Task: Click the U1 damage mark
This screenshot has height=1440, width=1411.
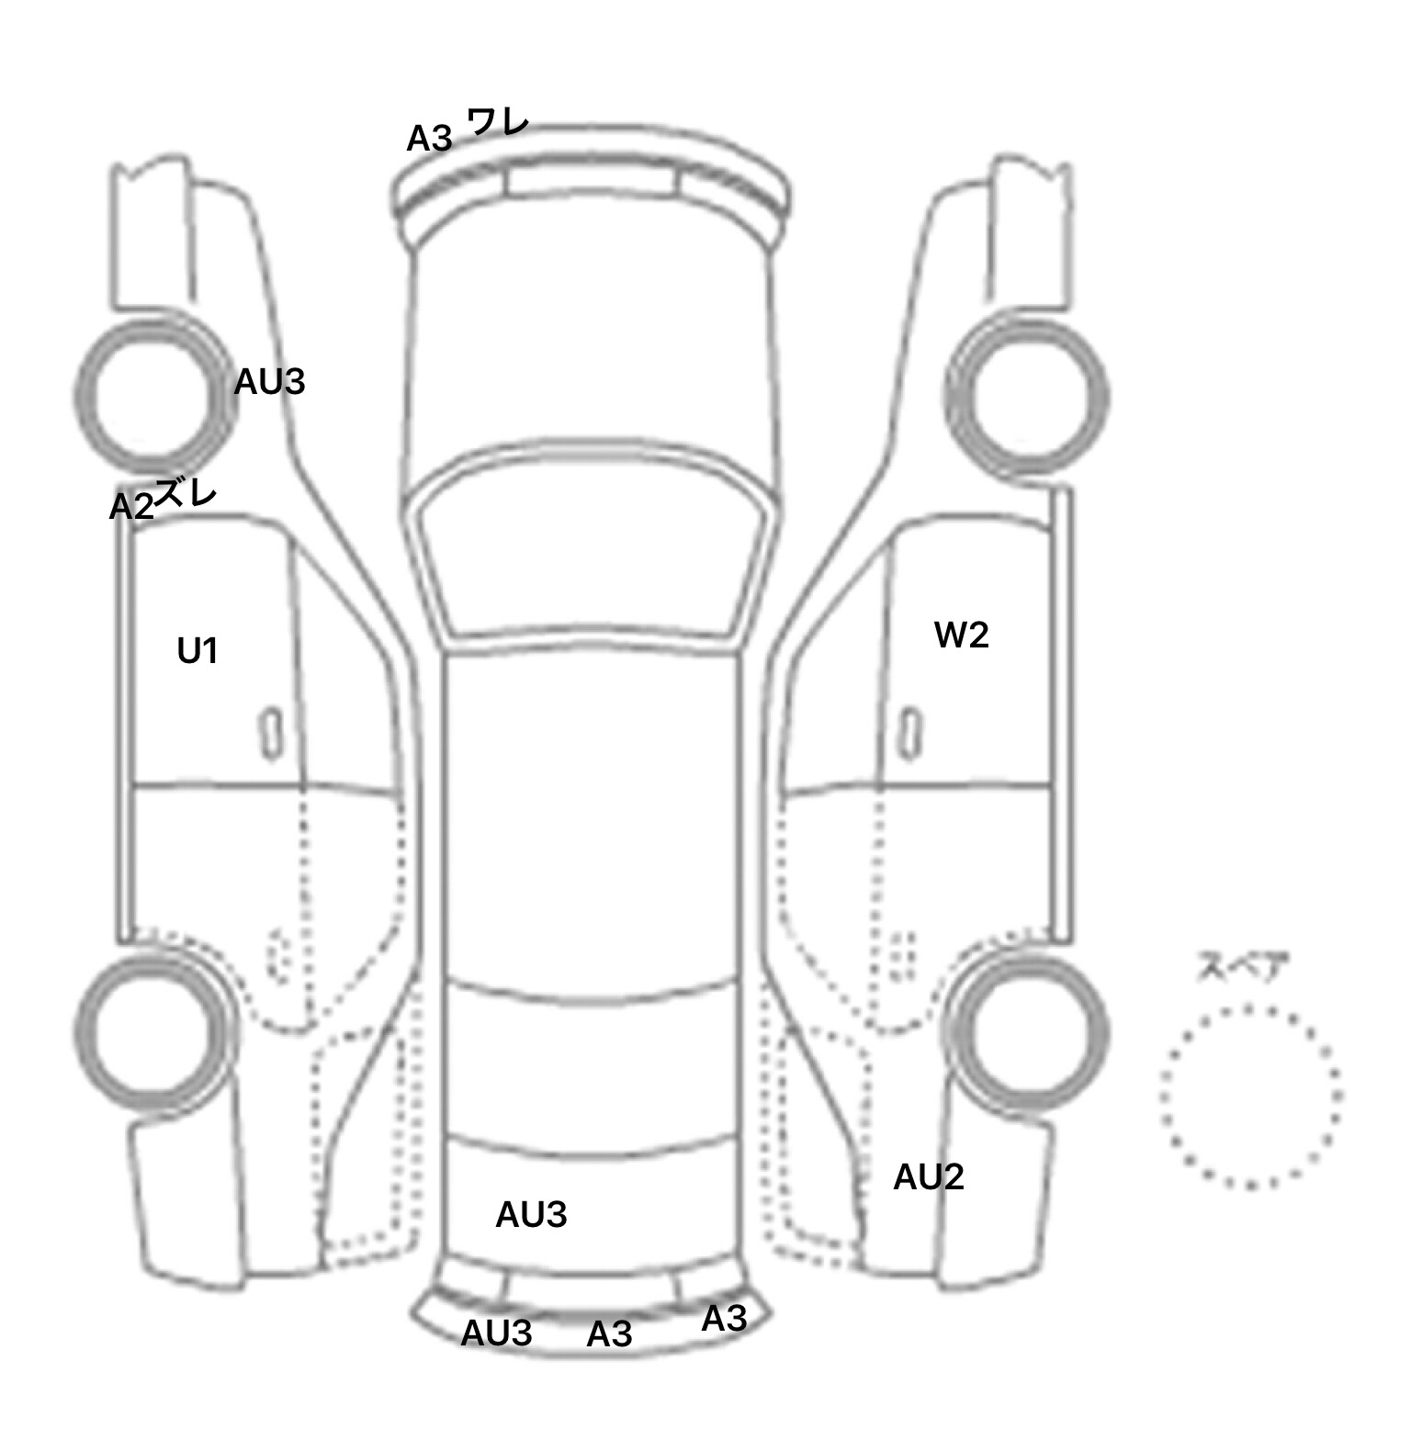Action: (x=198, y=651)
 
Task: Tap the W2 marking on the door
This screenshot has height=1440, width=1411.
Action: (x=961, y=635)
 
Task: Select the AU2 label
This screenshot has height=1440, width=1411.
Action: (x=929, y=1176)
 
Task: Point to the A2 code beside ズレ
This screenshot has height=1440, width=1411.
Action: (x=131, y=507)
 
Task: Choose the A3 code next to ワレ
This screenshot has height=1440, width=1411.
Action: (x=430, y=138)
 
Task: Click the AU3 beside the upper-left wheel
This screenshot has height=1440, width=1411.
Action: (x=269, y=381)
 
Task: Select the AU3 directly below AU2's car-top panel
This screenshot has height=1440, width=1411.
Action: (x=531, y=1214)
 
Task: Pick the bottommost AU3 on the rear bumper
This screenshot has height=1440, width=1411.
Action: (x=496, y=1333)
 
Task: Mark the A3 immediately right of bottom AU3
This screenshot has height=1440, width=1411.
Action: (x=609, y=1333)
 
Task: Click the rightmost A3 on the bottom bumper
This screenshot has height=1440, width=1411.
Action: (x=724, y=1319)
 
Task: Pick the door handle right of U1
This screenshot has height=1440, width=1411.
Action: (x=270, y=733)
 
